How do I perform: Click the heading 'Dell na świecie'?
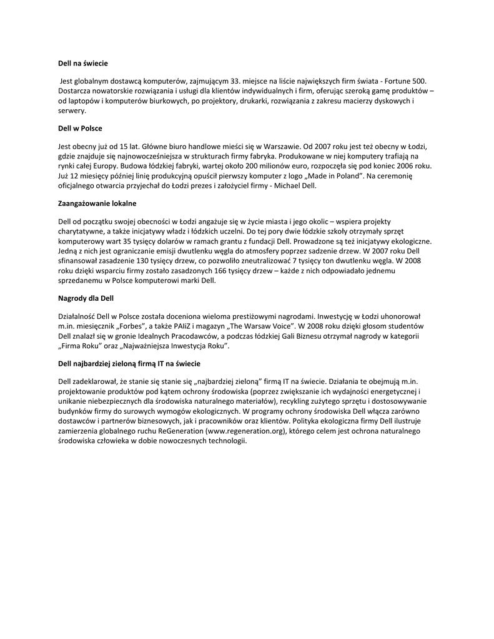(83, 63)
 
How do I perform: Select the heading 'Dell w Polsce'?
(80, 128)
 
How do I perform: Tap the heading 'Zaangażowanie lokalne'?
(97, 203)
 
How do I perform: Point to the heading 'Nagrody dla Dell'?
(86, 298)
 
